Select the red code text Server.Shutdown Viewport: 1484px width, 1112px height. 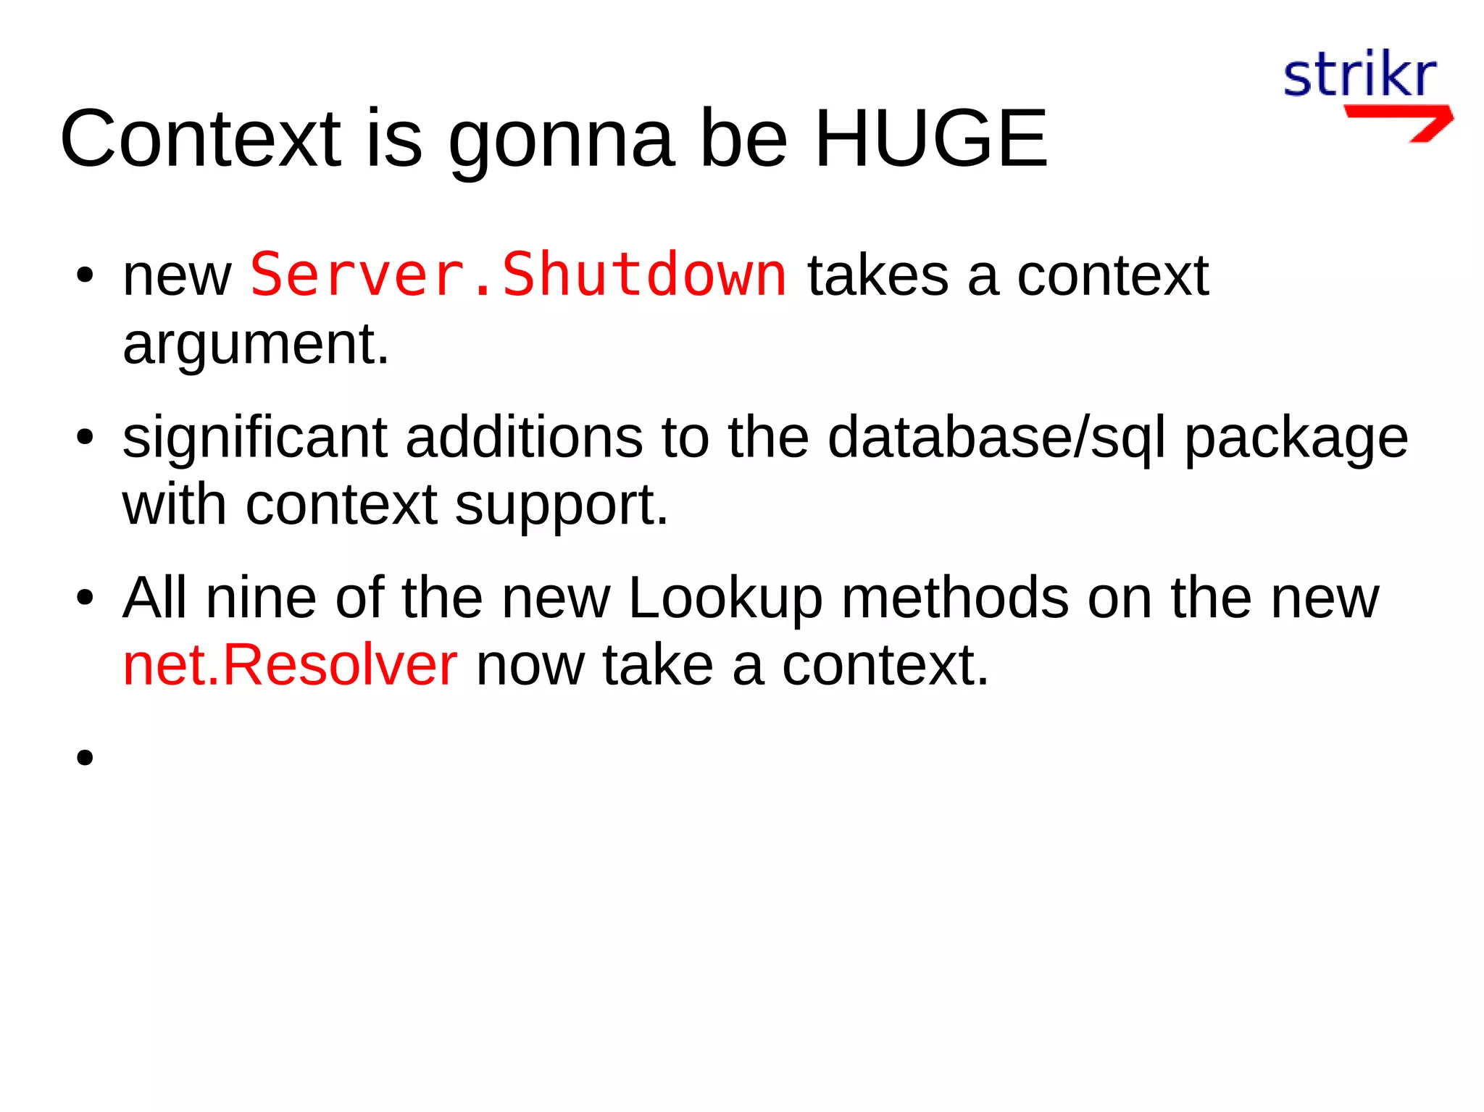pos(518,275)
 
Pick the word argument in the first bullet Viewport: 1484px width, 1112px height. pos(256,344)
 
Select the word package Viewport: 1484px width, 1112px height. pos(1296,439)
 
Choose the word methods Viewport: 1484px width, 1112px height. pos(955,598)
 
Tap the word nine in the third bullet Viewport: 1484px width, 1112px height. pos(261,598)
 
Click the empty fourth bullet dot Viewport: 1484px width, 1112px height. pos(85,757)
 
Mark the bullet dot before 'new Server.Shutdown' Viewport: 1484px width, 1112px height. pos(85,275)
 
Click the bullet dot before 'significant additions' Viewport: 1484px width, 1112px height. pos(85,437)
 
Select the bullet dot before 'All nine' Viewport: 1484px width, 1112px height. pos(85,598)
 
